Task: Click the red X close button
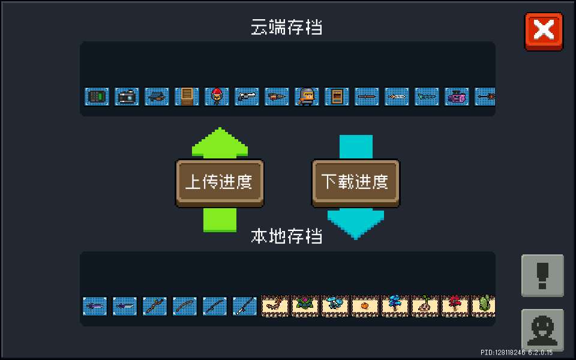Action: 544,31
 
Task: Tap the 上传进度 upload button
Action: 220,183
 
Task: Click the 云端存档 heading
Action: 287,27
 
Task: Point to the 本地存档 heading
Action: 287,236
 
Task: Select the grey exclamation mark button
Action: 542,275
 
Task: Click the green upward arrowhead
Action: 220,143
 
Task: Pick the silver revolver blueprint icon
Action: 247,97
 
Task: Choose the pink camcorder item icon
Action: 457,97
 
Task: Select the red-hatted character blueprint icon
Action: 217,97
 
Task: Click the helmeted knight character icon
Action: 307,97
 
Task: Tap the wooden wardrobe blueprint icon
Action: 187,97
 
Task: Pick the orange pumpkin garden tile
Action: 365,305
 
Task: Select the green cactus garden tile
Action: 484,305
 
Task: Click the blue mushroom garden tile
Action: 335,305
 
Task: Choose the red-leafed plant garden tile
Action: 455,305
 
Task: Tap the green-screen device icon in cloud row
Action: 97,97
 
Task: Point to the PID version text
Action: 517,353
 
